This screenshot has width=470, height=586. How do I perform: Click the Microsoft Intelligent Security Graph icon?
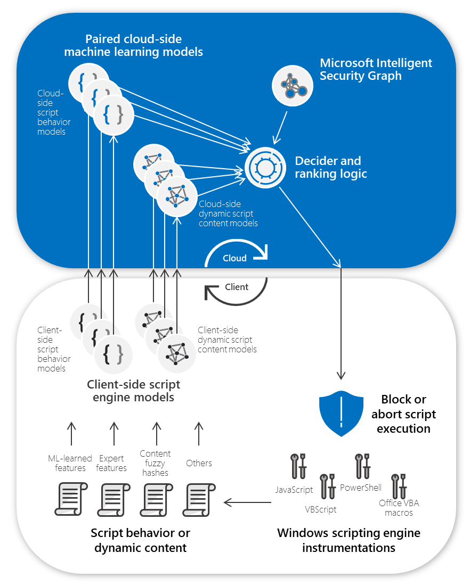[293, 85]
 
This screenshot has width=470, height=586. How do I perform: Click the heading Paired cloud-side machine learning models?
[133, 46]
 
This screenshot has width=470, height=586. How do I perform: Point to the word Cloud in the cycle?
[234, 258]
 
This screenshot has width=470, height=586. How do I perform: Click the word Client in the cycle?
[237, 287]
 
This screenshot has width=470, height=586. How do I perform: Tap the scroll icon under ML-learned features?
[71, 498]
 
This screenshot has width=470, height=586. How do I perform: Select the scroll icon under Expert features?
[113, 498]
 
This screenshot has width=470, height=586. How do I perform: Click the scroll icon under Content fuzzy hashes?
[156, 498]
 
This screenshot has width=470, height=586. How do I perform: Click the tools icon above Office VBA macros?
[397, 486]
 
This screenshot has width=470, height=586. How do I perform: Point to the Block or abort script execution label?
[403, 414]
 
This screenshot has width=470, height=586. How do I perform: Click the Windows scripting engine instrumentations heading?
[349, 540]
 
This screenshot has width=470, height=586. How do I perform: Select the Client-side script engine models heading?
[133, 391]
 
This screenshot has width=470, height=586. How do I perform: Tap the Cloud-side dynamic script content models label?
[228, 213]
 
